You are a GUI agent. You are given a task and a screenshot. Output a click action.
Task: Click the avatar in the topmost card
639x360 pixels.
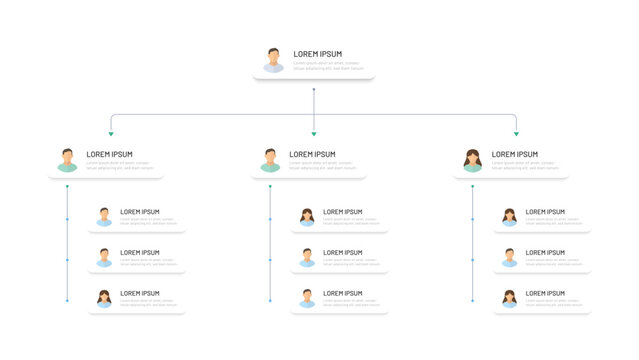(273, 60)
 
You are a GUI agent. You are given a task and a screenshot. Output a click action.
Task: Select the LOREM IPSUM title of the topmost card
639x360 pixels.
(318, 54)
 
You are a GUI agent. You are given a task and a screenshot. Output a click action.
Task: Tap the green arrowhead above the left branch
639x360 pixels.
(111, 133)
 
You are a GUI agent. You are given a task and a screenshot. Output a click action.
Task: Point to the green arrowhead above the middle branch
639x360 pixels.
(314, 133)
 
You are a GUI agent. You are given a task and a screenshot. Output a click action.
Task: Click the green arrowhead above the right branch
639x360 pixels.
(516, 133)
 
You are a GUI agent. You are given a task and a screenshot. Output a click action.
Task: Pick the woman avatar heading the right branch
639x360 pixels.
(473, 160)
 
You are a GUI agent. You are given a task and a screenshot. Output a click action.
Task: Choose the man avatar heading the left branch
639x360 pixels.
(67, 160)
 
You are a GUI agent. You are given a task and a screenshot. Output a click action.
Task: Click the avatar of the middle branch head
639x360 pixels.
(270, 160)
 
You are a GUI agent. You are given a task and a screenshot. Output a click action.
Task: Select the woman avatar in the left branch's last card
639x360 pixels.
(104, 298)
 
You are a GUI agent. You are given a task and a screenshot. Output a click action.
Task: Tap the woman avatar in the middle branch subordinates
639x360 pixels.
(307, 216)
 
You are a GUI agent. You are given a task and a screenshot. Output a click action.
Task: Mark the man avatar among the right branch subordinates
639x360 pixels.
(509, 257)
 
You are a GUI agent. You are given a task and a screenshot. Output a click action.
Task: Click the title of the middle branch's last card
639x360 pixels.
(343, 294)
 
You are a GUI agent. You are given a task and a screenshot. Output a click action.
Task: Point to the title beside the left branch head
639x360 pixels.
(109, 154)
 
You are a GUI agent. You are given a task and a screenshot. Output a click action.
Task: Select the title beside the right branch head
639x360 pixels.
(515, 154)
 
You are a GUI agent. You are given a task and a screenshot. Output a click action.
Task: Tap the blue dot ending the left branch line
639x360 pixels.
(67, 300)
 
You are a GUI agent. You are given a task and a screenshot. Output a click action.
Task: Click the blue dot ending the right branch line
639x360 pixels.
(473, 300)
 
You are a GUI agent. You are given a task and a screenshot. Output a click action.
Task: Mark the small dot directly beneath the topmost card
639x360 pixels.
(314, 90)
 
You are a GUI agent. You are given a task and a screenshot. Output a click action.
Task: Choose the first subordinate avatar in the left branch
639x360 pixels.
(104, 216)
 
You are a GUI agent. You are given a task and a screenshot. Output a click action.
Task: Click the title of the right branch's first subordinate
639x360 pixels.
(545, 212)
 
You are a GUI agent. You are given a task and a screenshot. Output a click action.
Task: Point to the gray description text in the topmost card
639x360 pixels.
(328, 66)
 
